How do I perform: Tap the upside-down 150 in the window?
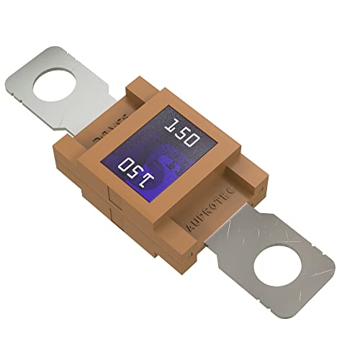[x=137, y=171]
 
